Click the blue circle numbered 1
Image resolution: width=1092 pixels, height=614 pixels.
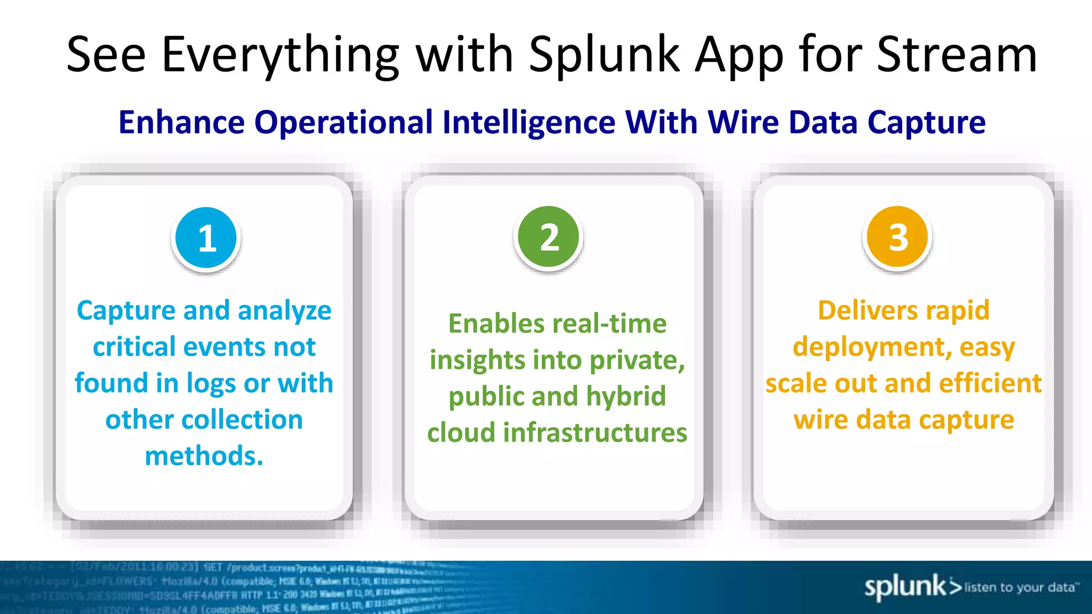tap(206, 238)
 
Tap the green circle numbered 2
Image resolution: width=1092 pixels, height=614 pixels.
tap(549, 237)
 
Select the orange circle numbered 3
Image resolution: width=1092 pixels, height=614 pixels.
tap(898, 237)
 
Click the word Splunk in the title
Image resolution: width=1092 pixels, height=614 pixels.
tap(604, 55)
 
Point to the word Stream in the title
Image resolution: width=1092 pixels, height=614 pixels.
tap(957, 55)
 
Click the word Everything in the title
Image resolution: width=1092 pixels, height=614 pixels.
tap(280, 55)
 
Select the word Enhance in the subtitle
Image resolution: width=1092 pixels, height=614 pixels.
tap(181, 123)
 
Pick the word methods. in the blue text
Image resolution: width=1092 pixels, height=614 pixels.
tap(204, 456)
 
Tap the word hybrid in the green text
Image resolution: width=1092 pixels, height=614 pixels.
tap(626, 397)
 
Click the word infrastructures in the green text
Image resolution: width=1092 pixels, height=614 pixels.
tap(595, 433)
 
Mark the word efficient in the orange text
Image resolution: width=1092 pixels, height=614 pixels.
tap(991, 384)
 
